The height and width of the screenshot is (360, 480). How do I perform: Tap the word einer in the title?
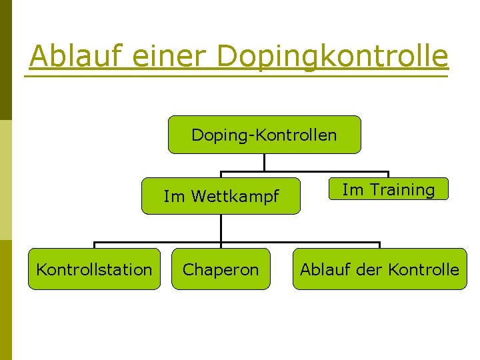pos(170,56)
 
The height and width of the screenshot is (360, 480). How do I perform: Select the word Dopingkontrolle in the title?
pos(333,56)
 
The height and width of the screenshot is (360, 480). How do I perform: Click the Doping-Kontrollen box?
pos(264,135)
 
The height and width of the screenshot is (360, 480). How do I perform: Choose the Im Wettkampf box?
pos(221,196)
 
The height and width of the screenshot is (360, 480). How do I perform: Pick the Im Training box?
pos(388,189)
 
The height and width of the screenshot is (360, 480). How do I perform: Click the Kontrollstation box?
pos(94,269)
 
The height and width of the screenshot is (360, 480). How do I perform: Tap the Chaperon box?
pos(221,269)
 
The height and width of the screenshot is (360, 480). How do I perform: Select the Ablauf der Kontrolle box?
pos(379,269)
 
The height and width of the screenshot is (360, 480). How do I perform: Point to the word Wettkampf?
pos(235,197)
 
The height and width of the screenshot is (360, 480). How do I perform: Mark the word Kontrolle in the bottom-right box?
pos(423,269)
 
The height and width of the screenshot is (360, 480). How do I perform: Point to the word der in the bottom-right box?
pos(370,269)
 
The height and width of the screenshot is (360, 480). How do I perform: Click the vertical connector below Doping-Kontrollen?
pos(265,163)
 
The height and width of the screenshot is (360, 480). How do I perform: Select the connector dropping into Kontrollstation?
pos(94,245)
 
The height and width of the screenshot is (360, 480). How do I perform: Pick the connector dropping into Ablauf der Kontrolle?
pos(379,245)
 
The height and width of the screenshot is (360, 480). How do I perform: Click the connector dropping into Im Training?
pos(388,175)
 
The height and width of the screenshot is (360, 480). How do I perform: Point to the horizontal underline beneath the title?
pos(237,77)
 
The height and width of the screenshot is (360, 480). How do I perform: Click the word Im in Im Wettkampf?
pos(173,197)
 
